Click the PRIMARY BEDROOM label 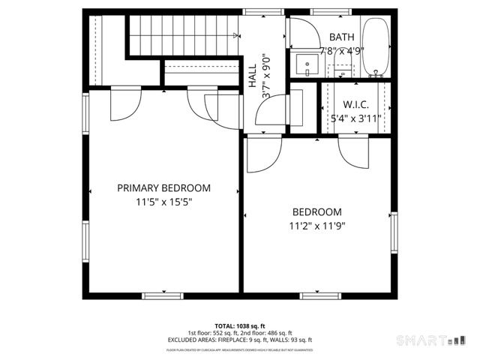[x=163, y=188]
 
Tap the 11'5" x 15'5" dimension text [x=163, y=202]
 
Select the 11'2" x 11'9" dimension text [x=317, y=226]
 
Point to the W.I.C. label [x=355, y=104]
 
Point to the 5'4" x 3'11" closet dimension [x=355, y=118]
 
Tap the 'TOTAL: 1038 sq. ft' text [x=239, y=326]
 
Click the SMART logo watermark [x=424, y=340]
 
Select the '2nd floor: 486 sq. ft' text [x=265, y=333]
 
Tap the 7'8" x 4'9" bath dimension [x=341, y=51]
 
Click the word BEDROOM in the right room [x=317, y=212]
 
